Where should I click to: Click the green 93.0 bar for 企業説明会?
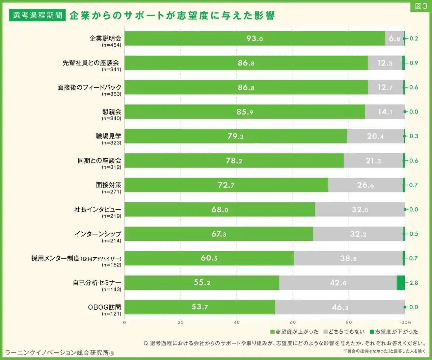[x=255, y=38]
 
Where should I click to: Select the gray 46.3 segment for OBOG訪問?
[x=340, y=307]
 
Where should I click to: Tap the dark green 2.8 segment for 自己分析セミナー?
[x=401, y=283]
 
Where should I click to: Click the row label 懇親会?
[x=112, y=112]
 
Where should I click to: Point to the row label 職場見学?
[x=109, y=136]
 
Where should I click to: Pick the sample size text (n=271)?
[x=111, y=192]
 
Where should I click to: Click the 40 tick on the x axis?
[x=237, y=322]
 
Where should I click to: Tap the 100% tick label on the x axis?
[x=405, y=322]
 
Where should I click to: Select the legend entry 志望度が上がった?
[x=294, y=332]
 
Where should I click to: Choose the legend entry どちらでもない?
[x=344, y=332]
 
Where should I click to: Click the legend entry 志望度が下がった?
[x=394, y=332]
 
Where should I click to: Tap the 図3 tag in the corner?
[x=421, y=6]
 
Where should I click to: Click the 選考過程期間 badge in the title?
[x=37, y=15]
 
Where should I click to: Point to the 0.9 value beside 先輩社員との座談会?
[x=413, y=63]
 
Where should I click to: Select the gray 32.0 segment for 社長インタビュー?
[x=360, y=209]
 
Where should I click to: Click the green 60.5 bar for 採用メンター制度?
[x=209, y=258]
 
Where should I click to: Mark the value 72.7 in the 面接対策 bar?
[x=226, y=185]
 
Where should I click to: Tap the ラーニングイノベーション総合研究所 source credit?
[x=59, y=353]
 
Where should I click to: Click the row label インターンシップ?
[x=98, y=234]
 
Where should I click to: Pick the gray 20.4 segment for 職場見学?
[x=375, y=136]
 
